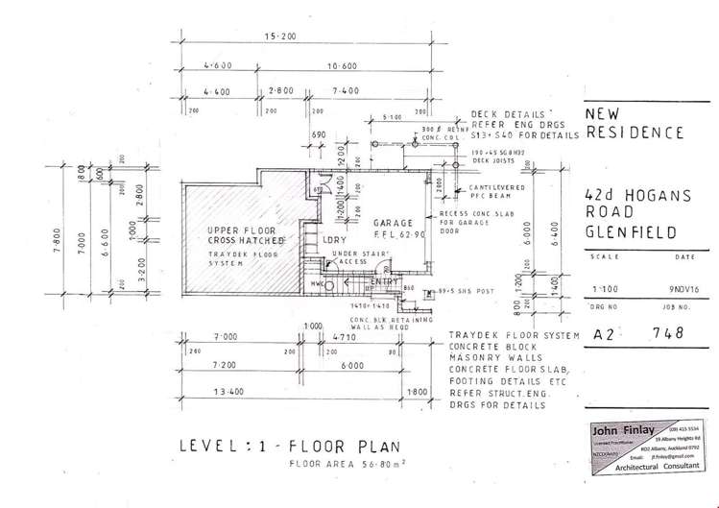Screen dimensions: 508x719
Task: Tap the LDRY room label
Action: click(x=335, y=238)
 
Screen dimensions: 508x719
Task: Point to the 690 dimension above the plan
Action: click(x=320, y=136)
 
